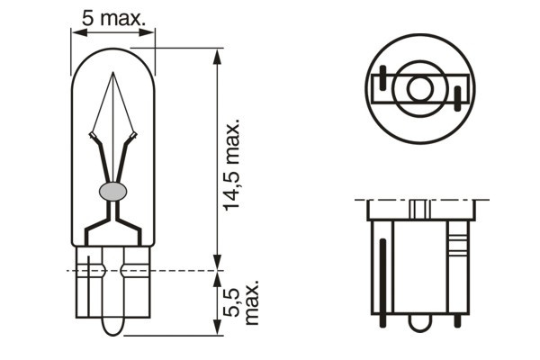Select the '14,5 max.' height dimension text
pyautogui.click(x=233, y=163)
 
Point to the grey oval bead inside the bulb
pyautogui.click(x=113, y=190)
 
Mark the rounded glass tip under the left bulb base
pyautogui.click(x=113, y=325)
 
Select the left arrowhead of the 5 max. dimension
pyautogui.click(x=76, y=31)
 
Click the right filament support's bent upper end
pyautogui.click(x=133, y=137)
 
